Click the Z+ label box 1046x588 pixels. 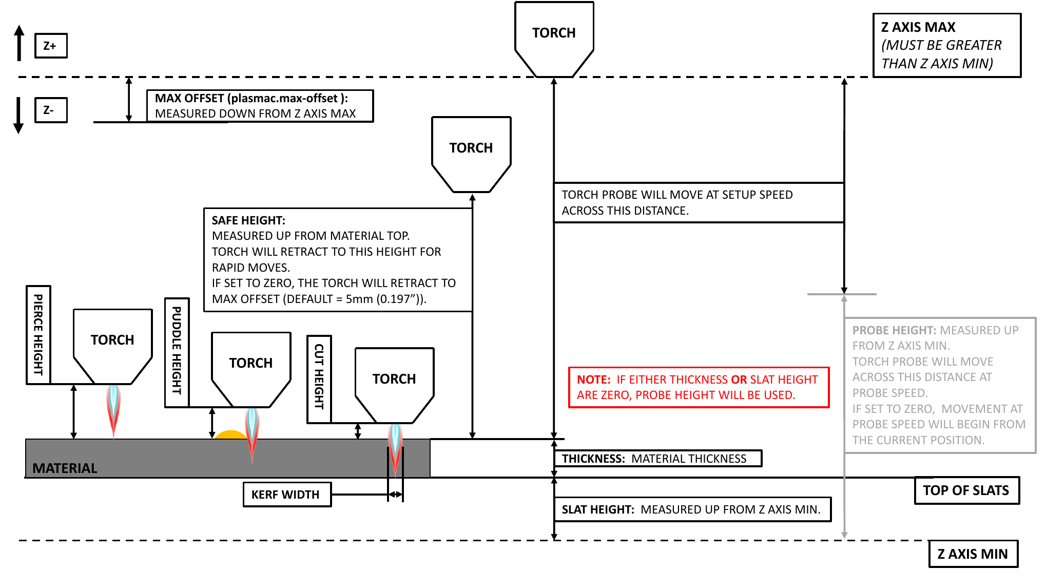click(51, 46)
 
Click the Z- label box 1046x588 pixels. click(51, 110)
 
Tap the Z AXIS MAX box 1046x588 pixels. click(946, 45)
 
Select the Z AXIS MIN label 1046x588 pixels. click(973, 554)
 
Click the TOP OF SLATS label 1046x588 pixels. click(966, 490)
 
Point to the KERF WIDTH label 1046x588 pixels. click(286, 495)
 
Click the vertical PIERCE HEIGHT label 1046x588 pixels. click(38, 334)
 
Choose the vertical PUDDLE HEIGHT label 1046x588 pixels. click(177, 352)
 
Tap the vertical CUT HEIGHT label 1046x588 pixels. click(319, 379)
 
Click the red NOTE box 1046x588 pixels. click(698, 387)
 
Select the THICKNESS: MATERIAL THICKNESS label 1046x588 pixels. click(657, 459)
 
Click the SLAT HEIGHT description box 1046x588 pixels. click(691, 509)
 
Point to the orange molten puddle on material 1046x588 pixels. click(230, 434)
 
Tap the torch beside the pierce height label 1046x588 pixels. click(112, 344)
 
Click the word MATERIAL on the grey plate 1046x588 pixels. click(65, 468)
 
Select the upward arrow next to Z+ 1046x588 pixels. click(19, 43)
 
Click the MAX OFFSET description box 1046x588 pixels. click(260, 106)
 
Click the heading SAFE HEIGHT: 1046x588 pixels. click(248, 220)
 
